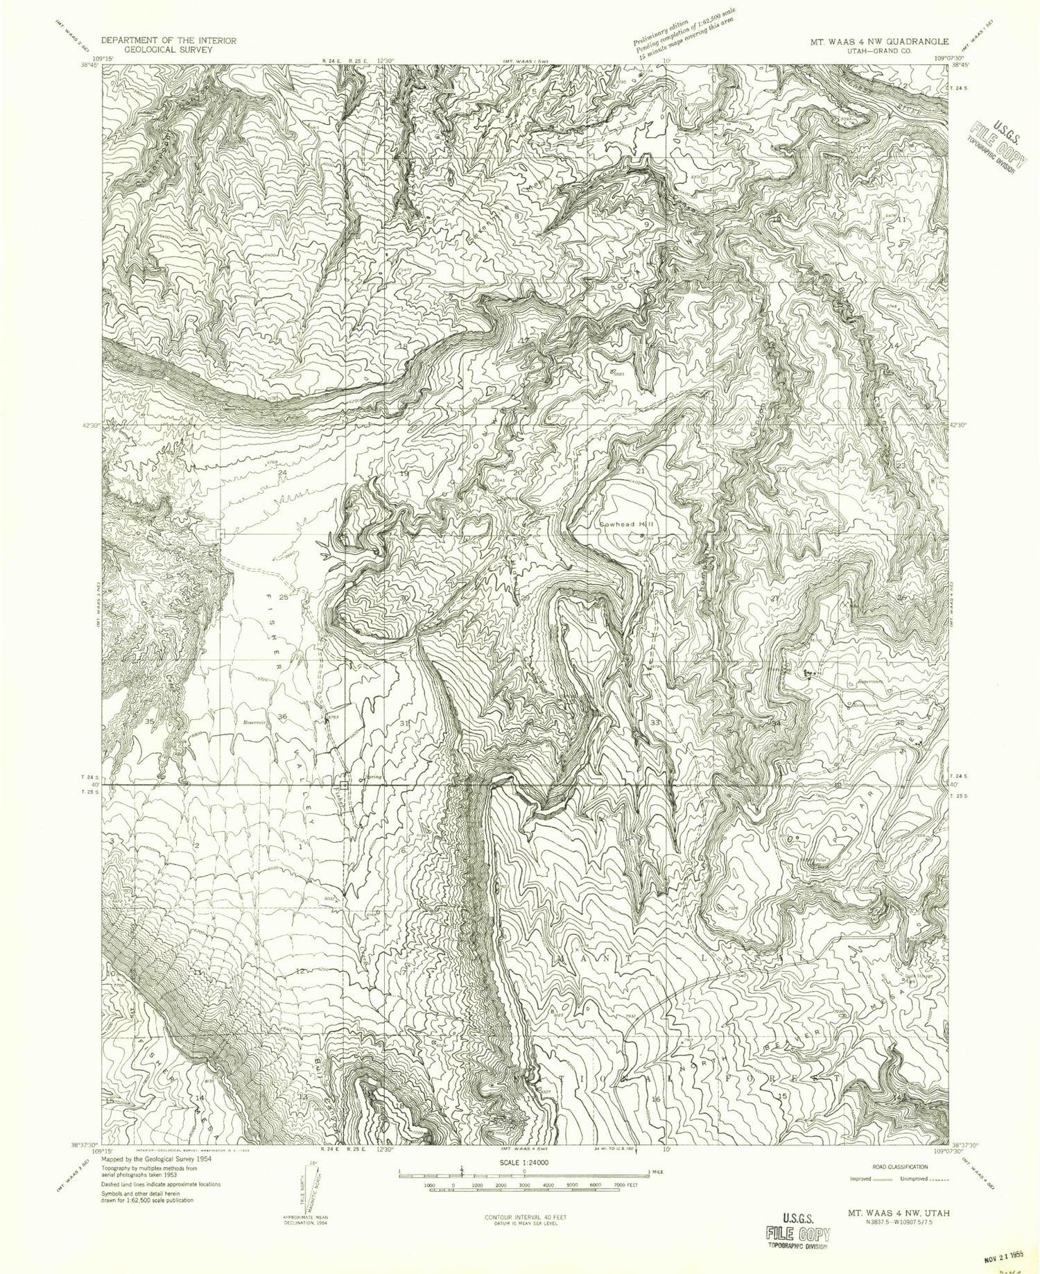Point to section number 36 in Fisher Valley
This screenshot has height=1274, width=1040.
tap(282, 716)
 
